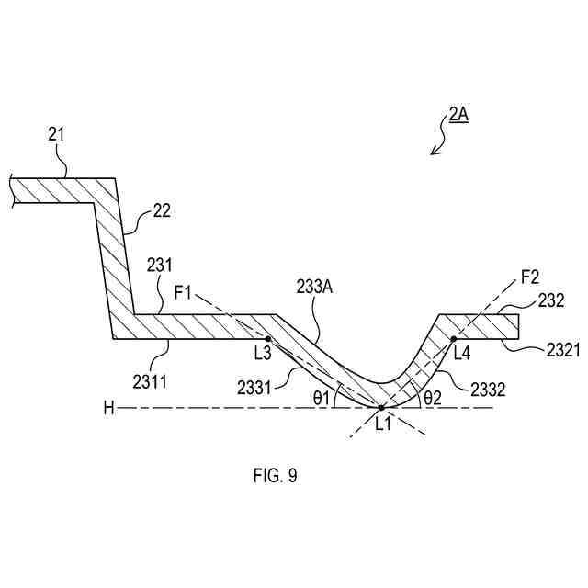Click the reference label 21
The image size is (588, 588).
57,134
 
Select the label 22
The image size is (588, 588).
161,212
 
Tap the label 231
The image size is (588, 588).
159,265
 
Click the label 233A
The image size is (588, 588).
315,286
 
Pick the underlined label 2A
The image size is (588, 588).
459,117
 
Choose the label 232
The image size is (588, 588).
551,300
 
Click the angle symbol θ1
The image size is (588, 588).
320,399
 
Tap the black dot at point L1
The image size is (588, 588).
380,406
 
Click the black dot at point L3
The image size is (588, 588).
268,339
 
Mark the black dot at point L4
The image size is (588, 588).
454,339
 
